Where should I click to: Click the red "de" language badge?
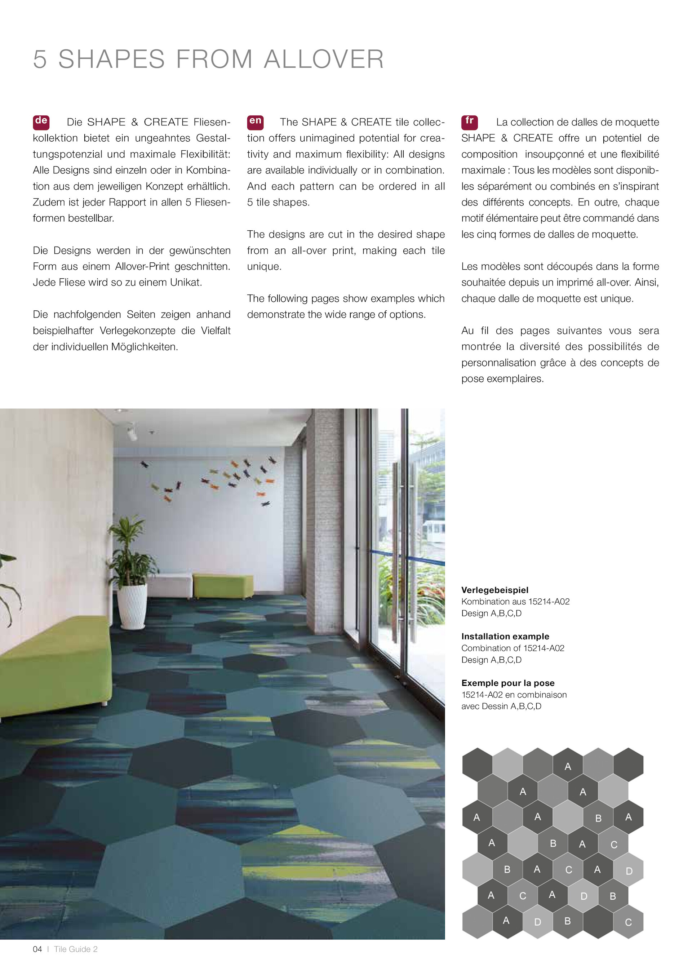[x=41, y=121]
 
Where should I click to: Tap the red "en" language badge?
[x=255, y=121]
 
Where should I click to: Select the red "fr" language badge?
[x=469, y=121]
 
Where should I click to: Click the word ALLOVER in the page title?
[x=324, y=59]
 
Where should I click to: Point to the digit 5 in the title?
[x=40, y=59]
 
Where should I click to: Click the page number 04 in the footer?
[x=37, y=949]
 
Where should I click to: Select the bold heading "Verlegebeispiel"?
[x=494, y=590]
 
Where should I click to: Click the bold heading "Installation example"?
[x=505, y=636]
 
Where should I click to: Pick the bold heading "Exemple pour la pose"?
[x=507, y=683]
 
